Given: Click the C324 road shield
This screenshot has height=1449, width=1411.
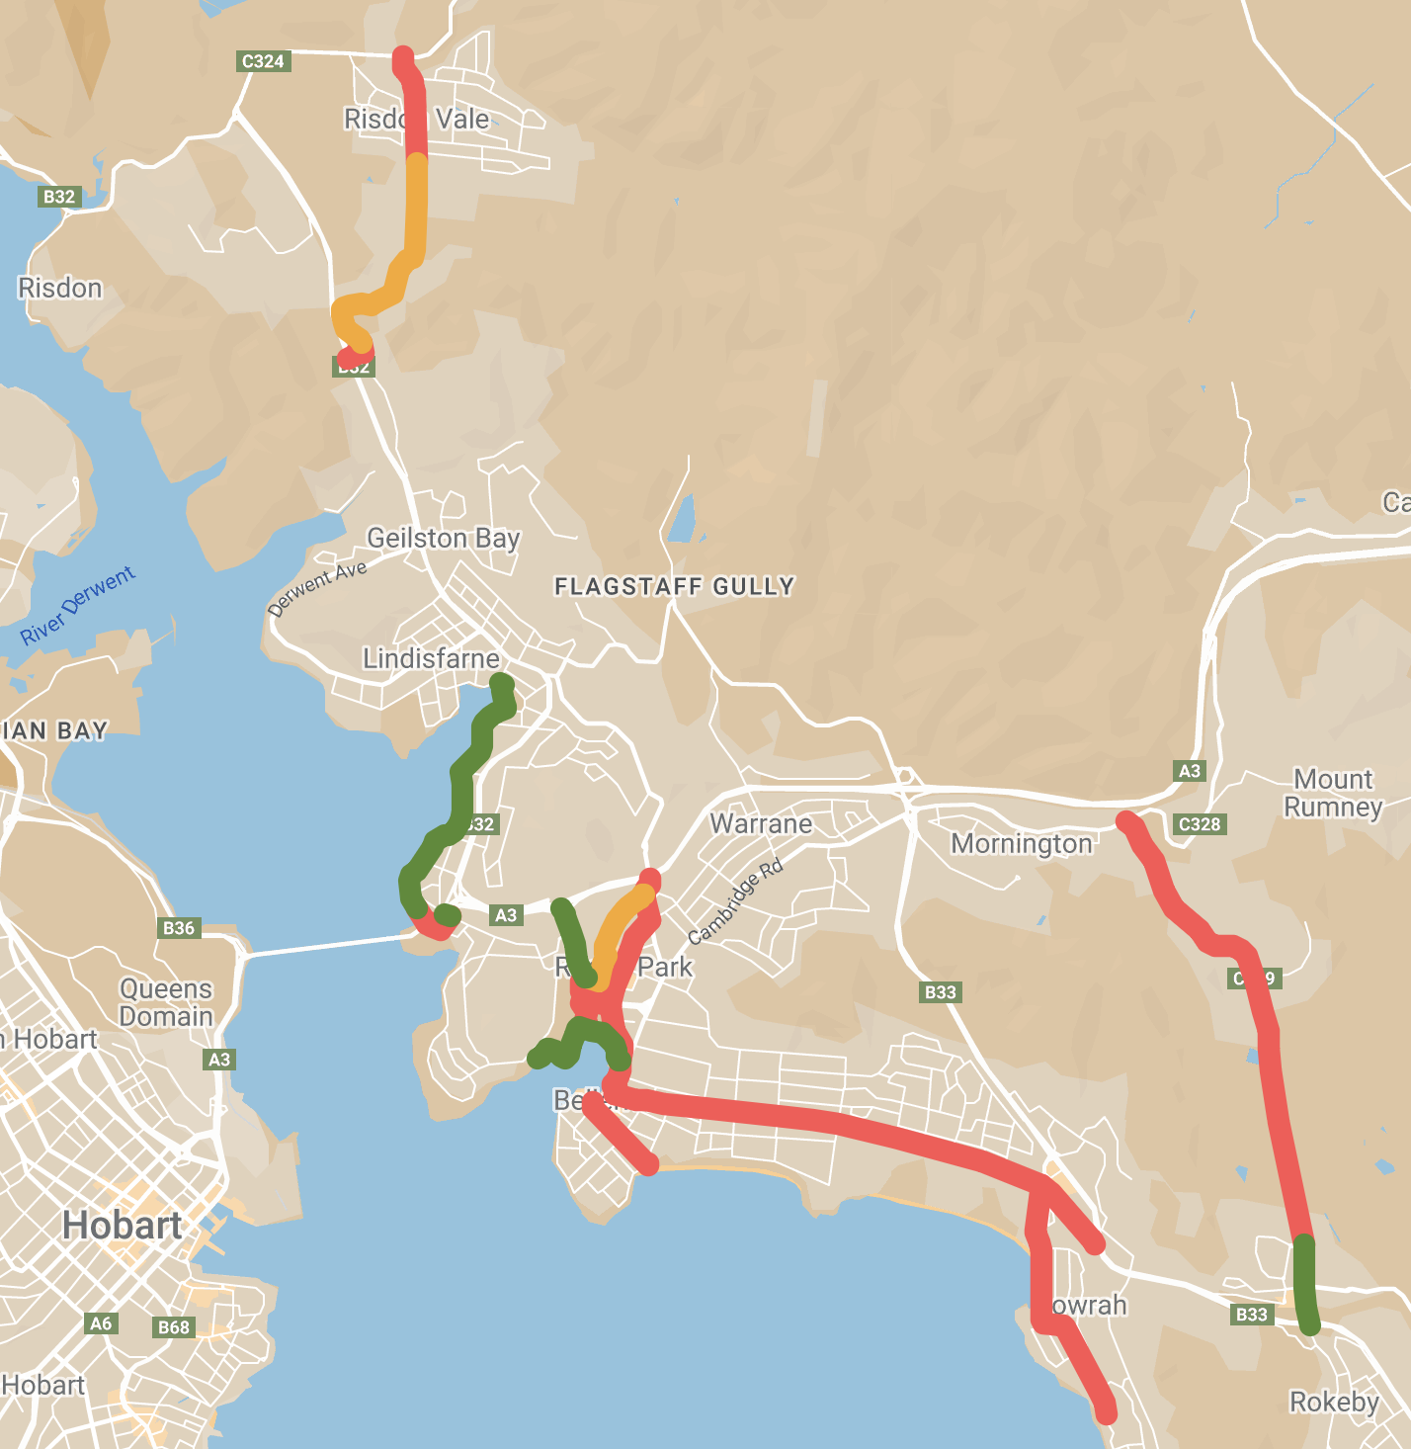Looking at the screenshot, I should tap(263, 61).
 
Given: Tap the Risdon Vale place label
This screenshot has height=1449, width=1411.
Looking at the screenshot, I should tap(416, 120).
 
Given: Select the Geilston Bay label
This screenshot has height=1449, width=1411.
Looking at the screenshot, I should tap(443, 538).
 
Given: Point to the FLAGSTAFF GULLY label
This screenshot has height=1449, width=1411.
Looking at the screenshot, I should tap(674, 587).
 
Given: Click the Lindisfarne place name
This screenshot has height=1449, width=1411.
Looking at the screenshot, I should tap(431, 658).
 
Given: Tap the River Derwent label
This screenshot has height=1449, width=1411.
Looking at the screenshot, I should tap(78, 606).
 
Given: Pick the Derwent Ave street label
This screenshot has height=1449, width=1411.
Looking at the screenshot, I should tap(317, 588).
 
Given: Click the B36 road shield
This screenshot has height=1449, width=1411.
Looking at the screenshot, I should tap(179, 928).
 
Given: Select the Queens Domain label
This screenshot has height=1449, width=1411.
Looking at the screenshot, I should tap(166, 1002).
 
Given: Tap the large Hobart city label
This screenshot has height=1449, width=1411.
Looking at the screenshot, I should tap(122, 1226).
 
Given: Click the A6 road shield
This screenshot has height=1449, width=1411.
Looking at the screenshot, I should tap(101, 1323).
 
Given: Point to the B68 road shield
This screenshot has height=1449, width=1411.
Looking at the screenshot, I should tap(174, 1327).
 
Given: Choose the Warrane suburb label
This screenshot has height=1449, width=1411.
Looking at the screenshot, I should tap(761, 824).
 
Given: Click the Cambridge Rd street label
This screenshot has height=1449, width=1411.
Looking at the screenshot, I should tap(735, 901).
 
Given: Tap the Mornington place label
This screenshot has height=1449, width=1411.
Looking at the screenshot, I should tap(1022, 844).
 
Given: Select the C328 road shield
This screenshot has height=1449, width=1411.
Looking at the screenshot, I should tap(1201, 824).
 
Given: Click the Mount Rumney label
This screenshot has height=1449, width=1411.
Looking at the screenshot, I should tap(1333, 793).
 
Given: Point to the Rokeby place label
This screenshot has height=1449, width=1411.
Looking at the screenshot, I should tap(1334, 1403).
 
